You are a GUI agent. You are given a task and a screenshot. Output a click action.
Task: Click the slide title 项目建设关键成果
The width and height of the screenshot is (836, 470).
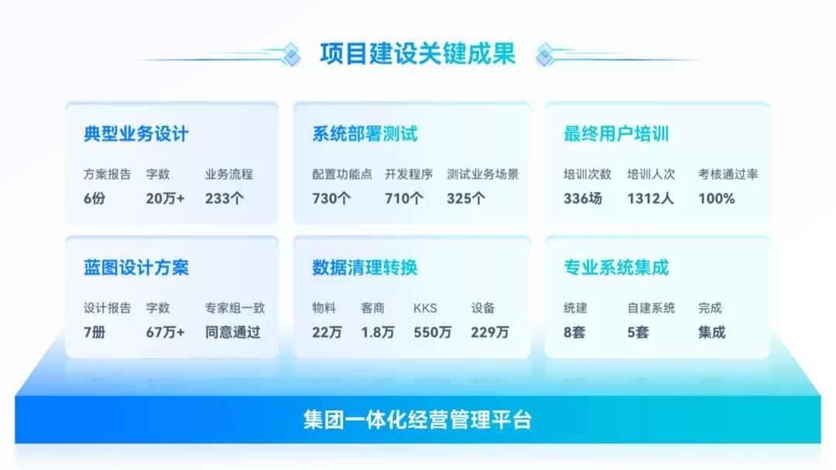tap(417, 54)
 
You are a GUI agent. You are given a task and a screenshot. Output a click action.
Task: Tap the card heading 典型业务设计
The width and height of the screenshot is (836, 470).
tap(136, 134)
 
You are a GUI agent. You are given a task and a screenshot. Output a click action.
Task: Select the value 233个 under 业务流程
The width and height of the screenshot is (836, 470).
tap(224, 198)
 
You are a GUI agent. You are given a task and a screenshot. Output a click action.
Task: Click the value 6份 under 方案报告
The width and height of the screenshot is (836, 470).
tap(94, 198)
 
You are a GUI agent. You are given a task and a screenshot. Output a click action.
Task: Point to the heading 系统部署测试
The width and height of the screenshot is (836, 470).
tap(365, 134)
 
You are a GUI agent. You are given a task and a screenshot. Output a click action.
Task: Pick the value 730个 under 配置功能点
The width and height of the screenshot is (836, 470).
tap(331, 198)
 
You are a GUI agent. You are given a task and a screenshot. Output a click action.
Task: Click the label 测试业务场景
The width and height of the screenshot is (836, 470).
tap(482, 174)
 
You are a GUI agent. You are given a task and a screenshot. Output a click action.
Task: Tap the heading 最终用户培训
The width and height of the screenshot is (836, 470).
tap(616, 134)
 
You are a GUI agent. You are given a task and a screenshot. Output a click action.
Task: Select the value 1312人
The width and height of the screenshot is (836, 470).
tap(650, 198)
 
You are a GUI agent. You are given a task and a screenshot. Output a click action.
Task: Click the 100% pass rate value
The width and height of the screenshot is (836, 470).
tap(716, 198)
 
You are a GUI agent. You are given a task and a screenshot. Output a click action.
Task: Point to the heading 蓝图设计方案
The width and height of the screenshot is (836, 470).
tap(136, 268)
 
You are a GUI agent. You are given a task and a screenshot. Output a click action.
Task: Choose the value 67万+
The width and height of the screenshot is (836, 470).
tap(165, 332)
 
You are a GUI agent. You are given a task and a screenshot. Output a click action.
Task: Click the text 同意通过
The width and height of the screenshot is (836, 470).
tap(233, 332)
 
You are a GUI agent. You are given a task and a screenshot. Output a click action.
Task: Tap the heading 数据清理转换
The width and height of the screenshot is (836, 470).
tap(365, 268)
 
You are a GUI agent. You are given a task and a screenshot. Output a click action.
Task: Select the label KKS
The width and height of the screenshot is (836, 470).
tap(425, 308)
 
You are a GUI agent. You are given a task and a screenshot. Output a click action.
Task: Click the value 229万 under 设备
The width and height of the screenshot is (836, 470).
tap(490, 332)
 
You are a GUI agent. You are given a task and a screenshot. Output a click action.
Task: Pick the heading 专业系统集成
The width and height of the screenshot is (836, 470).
tap(616, 268)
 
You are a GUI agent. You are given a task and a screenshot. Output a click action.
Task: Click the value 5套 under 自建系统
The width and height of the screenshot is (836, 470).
tap(638, 332)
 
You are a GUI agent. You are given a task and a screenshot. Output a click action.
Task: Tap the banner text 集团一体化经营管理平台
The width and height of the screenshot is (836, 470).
tap(417, 420)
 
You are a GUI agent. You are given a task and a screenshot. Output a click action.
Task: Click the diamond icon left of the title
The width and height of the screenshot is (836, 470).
tap(291, 53)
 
